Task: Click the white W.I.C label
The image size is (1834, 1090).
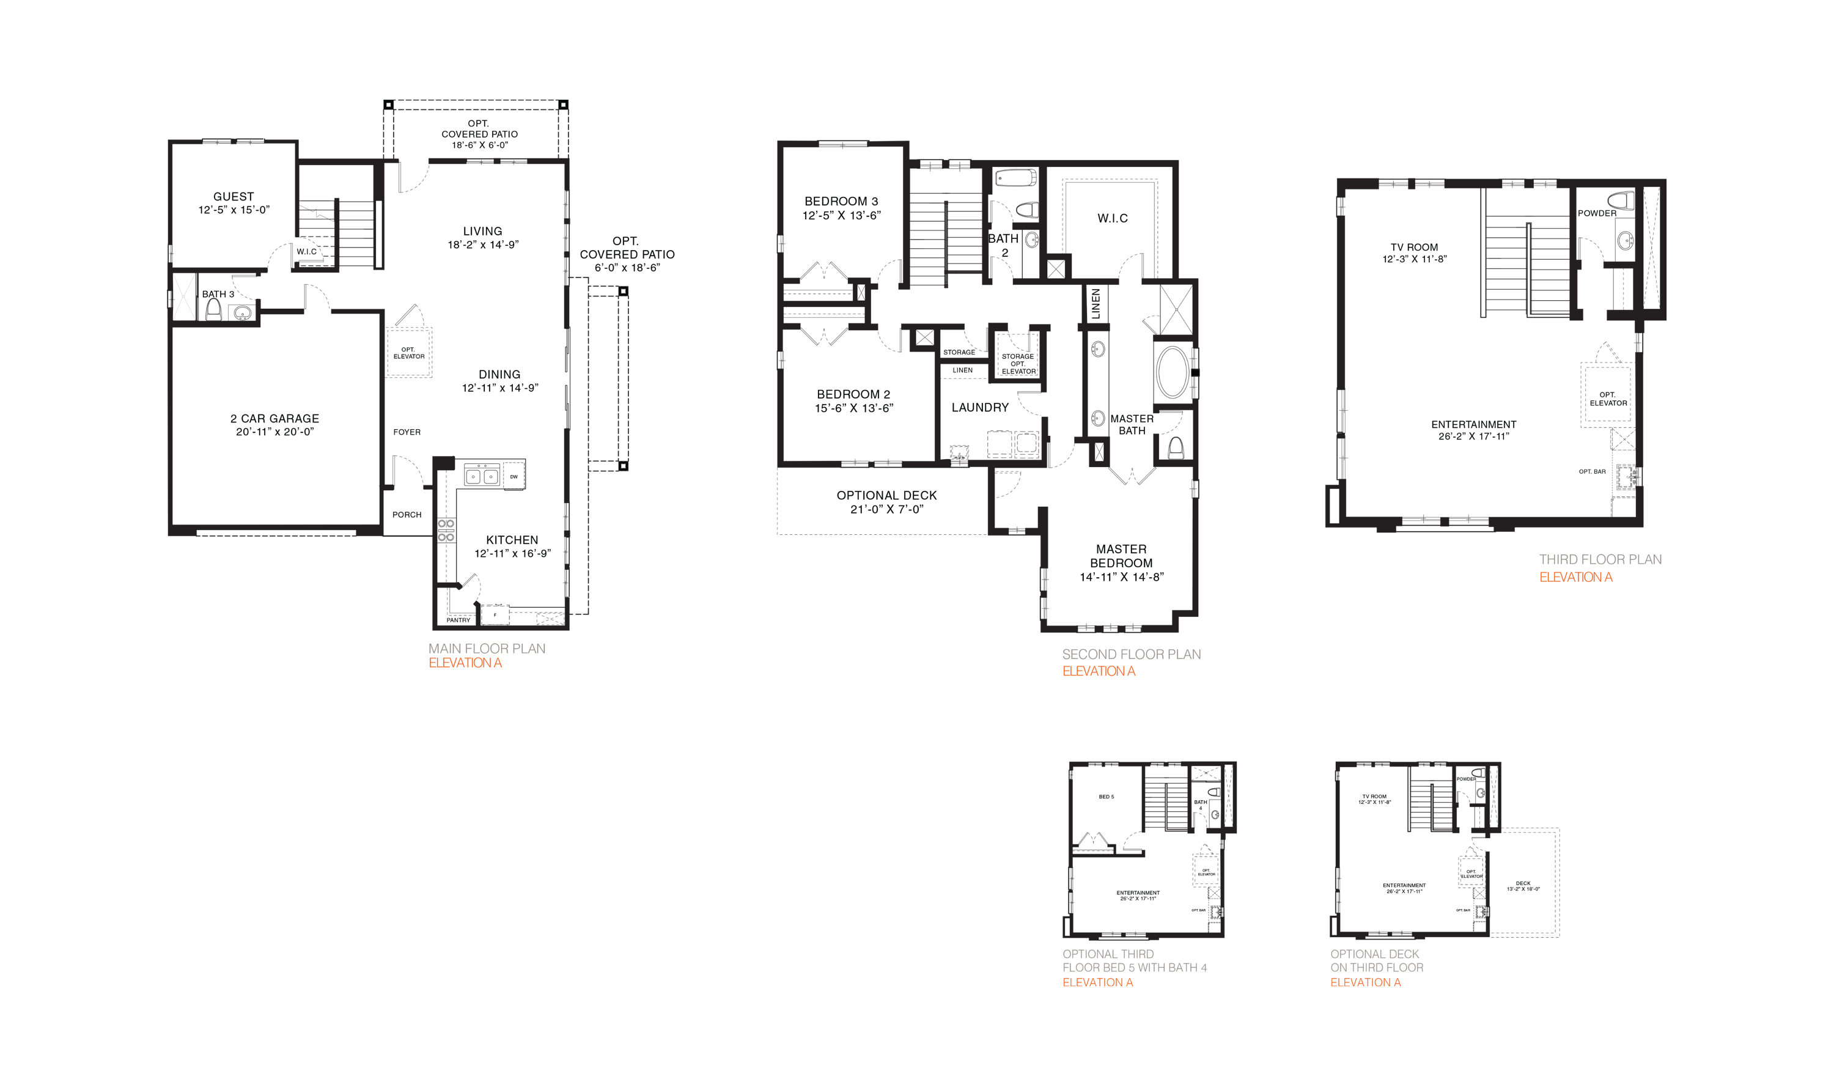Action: click(x=304, y=251)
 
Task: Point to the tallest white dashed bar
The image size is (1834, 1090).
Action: click(x=1651, y=248)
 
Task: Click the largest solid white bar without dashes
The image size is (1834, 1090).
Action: click(x=1334, y=506)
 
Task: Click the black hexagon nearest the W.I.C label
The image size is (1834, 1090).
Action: click(x=234, y=205)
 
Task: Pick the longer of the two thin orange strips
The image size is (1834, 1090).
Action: click(x=1337, y=980)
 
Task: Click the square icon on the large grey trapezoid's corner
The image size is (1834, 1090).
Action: click(x=622, y=466)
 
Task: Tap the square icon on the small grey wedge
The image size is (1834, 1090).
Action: click(x=622, y=292)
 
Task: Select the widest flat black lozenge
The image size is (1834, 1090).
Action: click(x=885, y=499)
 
